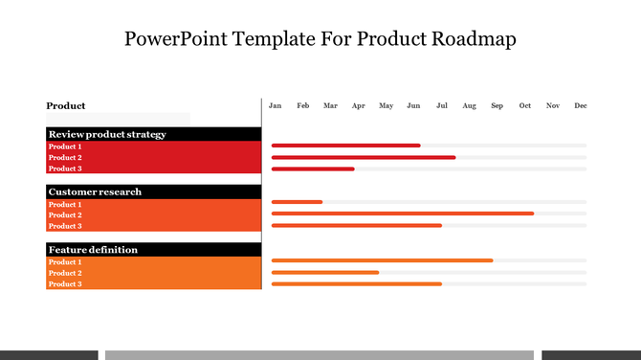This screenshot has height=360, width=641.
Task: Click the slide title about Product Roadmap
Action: [320, 39]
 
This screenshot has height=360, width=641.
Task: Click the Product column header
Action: [66, 105]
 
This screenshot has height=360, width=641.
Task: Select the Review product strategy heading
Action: [107, 134]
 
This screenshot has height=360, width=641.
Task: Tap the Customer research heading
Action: [95, 191]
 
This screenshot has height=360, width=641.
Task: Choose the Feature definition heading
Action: [93, 249]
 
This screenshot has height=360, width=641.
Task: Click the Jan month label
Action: [276, 105]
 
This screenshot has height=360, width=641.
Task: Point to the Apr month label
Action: [358, 105]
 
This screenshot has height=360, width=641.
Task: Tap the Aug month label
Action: [469, 105]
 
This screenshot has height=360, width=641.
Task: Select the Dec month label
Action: [581, 105]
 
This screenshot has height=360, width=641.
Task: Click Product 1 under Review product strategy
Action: [65, 146]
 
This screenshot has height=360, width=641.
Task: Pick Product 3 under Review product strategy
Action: [65, 169]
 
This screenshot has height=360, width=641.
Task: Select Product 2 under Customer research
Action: [65, 215]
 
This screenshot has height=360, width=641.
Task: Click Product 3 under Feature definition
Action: [65, 284]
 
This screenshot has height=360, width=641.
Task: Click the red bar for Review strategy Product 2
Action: [364, 157]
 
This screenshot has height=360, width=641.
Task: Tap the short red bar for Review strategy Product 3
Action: [313, 169]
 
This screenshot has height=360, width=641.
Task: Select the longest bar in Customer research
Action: [403, 214]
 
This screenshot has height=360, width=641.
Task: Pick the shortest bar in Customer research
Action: [297, 202]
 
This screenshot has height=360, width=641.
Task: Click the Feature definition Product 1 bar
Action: [382, 260]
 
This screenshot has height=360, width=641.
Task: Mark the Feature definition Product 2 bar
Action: [325, 272]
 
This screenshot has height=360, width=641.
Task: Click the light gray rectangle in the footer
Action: [320, 354]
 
